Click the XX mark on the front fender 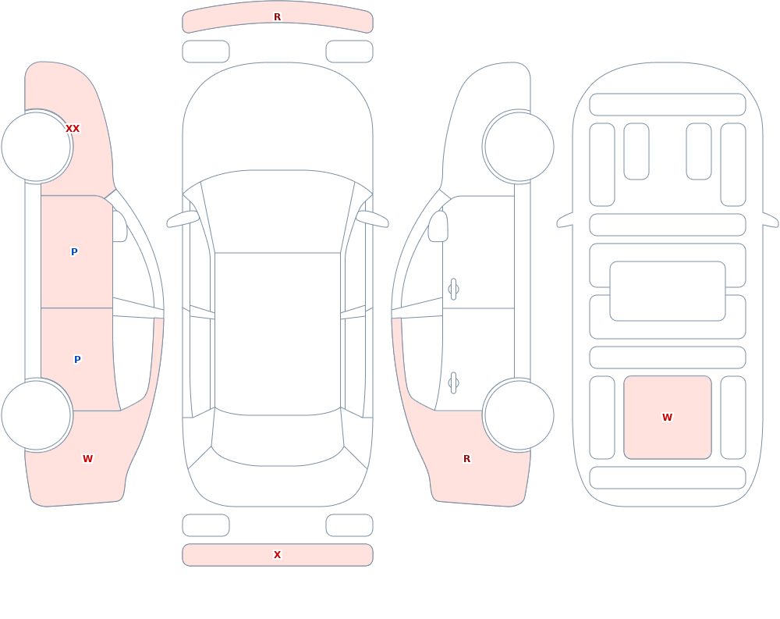point(73,129)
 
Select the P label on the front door point(74,251)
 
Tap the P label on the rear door point(77,359)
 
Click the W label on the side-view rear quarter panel point(87,459)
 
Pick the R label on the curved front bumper point(278,17)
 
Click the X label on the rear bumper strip point(278,555)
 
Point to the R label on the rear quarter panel point(466,459)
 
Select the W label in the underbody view point(667,418)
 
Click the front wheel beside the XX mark point(37,147)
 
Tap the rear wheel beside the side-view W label point(37,415)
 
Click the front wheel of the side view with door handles point(519,147)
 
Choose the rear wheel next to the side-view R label point(519,415)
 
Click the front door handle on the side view point(453,290)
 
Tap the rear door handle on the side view point(453,383)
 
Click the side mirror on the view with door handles point(438,226)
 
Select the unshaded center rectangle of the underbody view point(668,291)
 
